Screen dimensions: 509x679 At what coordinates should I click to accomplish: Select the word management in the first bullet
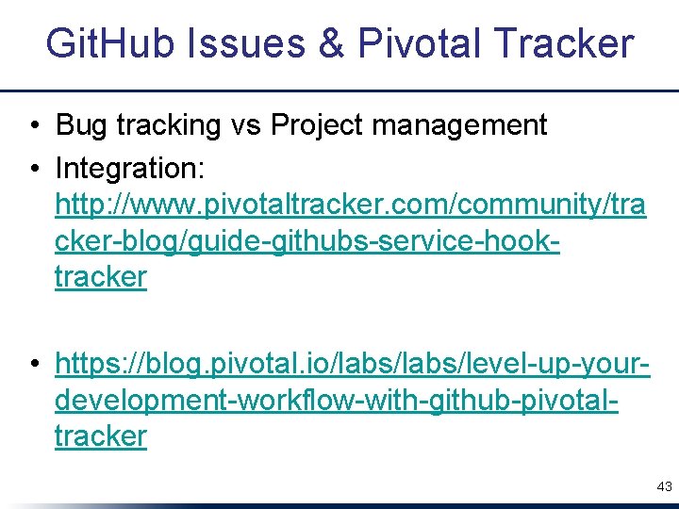click(468, 124)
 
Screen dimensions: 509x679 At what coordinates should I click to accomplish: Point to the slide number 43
click(664, 486)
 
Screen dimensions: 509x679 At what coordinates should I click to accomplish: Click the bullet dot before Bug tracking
click(34, 125)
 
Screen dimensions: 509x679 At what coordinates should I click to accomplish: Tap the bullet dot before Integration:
click(34, 170)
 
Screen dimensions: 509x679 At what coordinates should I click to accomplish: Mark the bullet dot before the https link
click(34, 363)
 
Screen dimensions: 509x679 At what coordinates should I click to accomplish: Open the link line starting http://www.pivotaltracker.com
click(351, 204)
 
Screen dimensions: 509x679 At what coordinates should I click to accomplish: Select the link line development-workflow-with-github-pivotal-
click(337, 400)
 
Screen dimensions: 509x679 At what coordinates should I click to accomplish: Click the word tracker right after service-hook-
click(101, 276)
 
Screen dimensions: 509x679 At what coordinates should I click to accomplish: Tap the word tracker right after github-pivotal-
click(101, 435)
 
